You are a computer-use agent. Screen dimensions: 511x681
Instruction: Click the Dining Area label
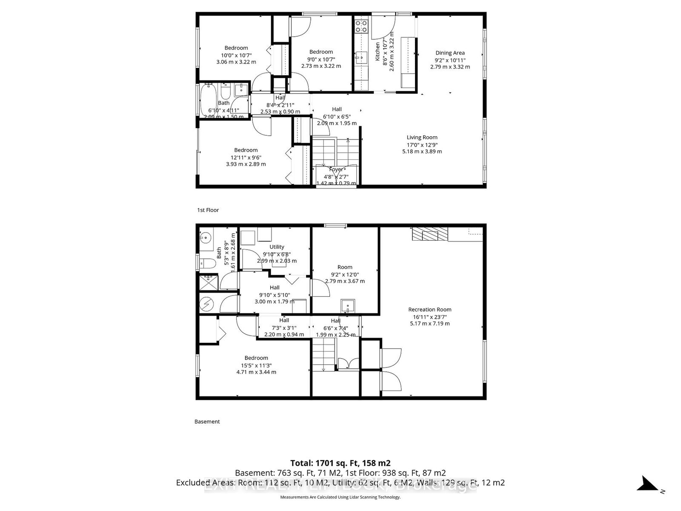[x=450, y=53]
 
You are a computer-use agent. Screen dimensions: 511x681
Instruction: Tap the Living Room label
[x=422, y=137]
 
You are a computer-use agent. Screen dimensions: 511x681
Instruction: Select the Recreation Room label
[x=429, y=310]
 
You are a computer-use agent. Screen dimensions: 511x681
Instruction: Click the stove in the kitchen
[x=361, y=26]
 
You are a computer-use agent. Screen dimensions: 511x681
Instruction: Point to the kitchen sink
[x=360, y=57]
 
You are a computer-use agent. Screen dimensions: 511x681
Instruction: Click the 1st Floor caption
[x=208, y=210]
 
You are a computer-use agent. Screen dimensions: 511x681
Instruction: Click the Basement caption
[x=207, y=422]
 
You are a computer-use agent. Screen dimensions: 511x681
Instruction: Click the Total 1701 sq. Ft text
[x=340, y=463]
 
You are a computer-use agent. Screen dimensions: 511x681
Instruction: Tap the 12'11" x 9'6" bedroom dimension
[x=246, y=157]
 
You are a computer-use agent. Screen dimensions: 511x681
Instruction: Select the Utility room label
[x=277, y=247]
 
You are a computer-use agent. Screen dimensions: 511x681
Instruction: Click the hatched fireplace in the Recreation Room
[x=430, y=234]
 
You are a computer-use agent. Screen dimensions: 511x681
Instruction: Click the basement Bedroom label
[x=256, y=358]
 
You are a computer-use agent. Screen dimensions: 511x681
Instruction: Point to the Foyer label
[x=336, y=169]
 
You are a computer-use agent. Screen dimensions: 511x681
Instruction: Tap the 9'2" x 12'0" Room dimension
[x=345, y=274]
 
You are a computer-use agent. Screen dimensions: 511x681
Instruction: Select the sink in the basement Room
[x=348, y=305]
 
